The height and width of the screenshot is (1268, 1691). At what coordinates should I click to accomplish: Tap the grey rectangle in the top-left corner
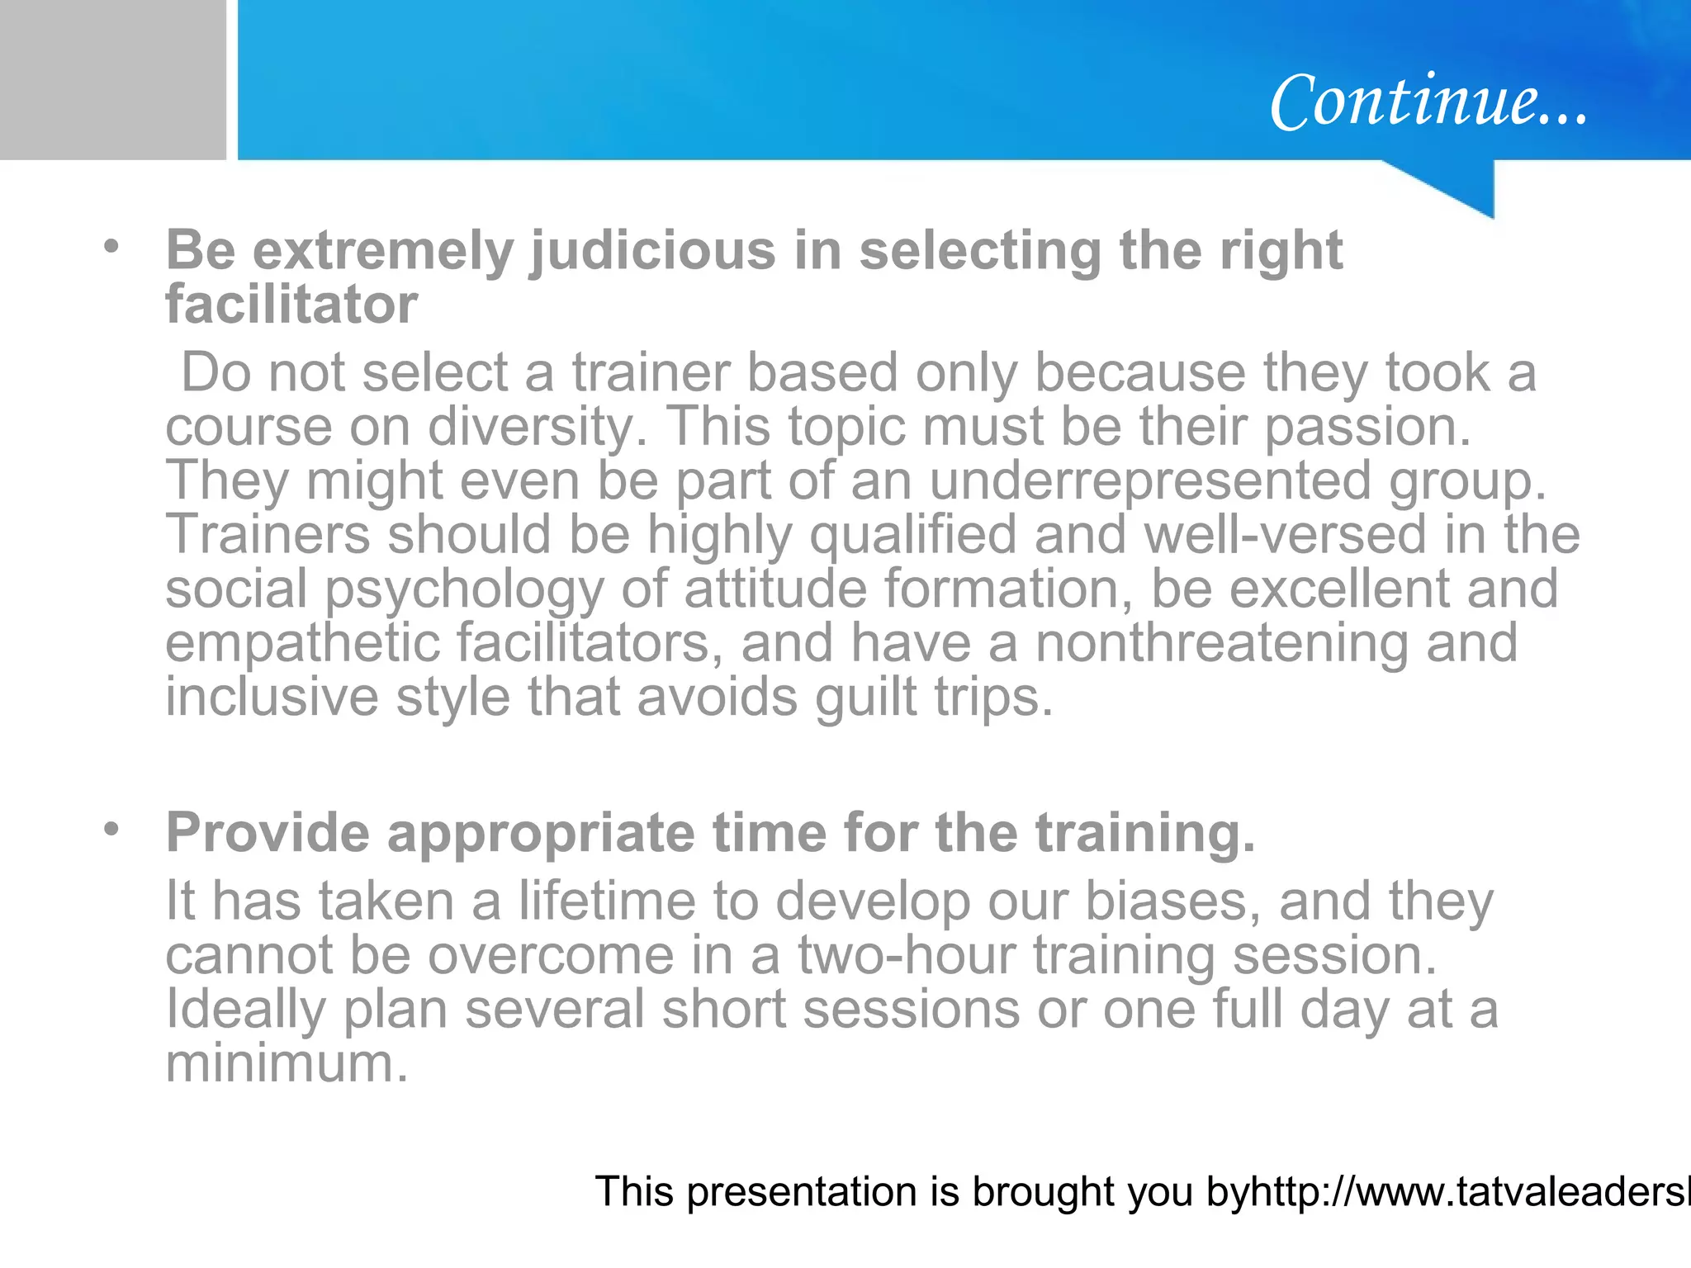[x=112, y=79]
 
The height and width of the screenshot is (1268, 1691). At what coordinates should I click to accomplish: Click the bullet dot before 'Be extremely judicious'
[x=111, y=246]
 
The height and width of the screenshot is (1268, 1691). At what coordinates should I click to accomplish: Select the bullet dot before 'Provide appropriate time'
[x=111, y=828]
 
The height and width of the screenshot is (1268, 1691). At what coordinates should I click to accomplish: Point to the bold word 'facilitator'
[x=291, y=305]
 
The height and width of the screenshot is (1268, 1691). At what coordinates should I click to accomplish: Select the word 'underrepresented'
[x=1150, y=481]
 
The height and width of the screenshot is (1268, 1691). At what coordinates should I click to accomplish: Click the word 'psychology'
[x=464, y=589]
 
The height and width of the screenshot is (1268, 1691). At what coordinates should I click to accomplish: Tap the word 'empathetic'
[x=302, y=644]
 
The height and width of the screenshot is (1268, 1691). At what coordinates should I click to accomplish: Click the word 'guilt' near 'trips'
[x=866, y=698]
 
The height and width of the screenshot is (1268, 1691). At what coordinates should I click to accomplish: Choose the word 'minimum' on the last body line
[x=287, y=1063]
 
